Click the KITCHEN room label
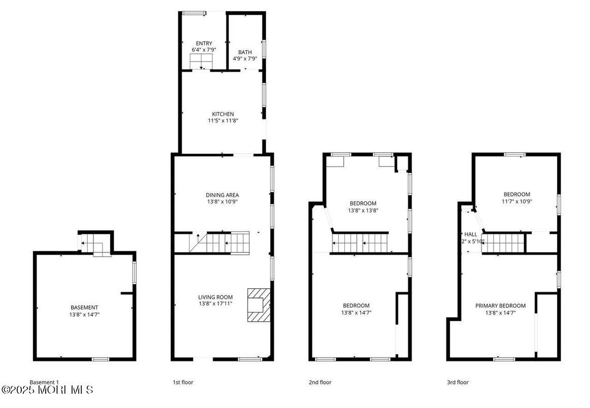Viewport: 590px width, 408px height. click(223, 114)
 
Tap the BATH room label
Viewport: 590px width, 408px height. click(245, 52)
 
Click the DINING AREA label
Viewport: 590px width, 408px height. click(222, 195)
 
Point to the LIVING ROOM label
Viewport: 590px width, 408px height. click(215, 297)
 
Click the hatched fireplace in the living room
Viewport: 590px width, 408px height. click(258, 305)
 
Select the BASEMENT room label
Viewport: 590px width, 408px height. click(84, 308)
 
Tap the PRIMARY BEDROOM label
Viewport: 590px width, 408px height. click(500, 305)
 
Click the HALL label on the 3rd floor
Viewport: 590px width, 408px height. click(471, 234)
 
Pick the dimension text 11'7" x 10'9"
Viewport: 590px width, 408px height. click(516, 201)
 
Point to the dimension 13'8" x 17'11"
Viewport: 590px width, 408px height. click(215, 303)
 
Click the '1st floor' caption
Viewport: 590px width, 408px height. click(183, 382)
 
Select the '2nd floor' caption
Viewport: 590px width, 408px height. click(320, 382)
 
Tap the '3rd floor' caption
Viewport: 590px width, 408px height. click(458, 382)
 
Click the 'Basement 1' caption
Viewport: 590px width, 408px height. click(44, 382)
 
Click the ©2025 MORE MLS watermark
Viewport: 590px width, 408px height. click(47, 390)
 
